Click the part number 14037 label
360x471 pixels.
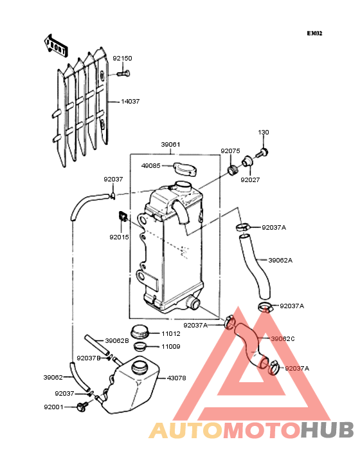coord(130,102)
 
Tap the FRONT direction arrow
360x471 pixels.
coord(55,46)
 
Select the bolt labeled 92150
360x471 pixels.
coord(123,73)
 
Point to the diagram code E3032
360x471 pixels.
coord(314,33)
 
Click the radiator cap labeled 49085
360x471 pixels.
coord(186,169)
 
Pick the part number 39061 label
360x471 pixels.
coord(171,145)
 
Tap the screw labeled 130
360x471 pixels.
coord(262,153)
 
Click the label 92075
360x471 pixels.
coord(230,151)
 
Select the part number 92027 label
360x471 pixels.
coord(250,180)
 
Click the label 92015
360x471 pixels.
coord(119,237)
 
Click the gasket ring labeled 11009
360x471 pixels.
coord(139,346)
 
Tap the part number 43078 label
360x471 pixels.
coord(176,378)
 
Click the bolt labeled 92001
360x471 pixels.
coord(82,407)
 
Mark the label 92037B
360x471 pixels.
coord(89,358)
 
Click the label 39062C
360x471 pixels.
coord(283,339)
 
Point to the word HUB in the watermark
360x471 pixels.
coord(328,430)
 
